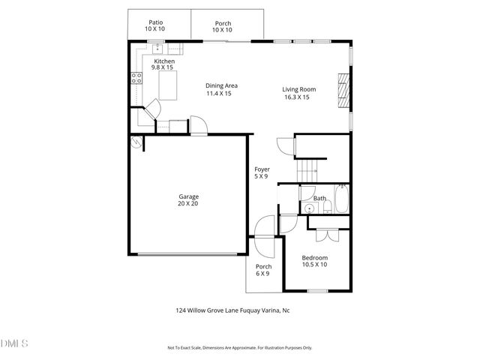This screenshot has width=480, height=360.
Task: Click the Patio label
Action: point(155,22)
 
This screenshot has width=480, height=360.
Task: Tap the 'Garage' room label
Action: point(188,196)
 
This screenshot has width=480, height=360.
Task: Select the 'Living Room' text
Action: point(298,89)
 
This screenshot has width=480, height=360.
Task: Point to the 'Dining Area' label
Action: point(221,85)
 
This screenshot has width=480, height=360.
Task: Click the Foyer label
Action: point(262,169)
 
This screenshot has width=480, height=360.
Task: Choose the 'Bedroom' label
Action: point(315,257)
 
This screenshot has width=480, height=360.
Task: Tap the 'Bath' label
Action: point(320,199)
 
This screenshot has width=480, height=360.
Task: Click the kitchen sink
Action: point(158,49)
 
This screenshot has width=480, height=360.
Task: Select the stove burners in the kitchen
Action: point(137,76)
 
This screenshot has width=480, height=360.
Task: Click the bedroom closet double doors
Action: point(326,235)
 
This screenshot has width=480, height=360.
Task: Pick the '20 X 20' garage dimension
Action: point(188,204)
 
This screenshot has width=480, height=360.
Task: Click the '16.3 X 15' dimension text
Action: point(298,97)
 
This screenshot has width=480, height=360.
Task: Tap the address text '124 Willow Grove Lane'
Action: point(207,309)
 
